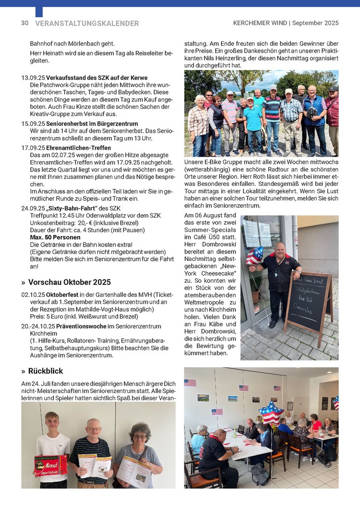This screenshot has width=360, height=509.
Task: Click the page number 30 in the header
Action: click(x=25, y=23)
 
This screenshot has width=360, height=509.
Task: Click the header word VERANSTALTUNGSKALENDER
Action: click(x=87, y=23)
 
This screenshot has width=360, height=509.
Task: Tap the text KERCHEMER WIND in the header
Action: click(x=261, y=23)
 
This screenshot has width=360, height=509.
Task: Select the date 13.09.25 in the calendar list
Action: click(x=33, y=78)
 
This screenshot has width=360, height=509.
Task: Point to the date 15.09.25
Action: click(x=33, y=123)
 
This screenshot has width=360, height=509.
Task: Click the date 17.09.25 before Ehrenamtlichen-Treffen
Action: click(x=33, y=148)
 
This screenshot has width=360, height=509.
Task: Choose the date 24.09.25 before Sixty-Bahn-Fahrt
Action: click(x=33, y=208)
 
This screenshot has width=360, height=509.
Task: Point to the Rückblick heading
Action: click(x=45, y=371)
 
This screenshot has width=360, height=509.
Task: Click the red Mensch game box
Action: click(x=50, y=465)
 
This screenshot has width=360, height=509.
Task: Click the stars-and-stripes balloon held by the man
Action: click(x=255, y=255)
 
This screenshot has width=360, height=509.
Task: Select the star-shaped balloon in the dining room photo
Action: click(x=271, y=413)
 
